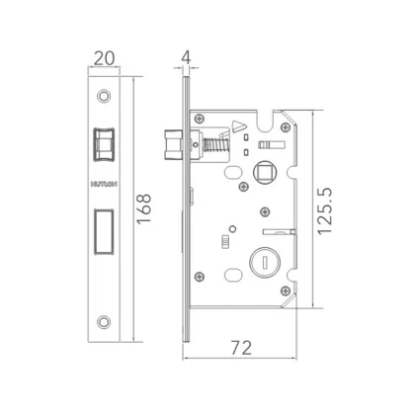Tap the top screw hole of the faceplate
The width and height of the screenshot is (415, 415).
[105, 97]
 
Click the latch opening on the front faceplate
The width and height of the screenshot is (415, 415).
[105, 144]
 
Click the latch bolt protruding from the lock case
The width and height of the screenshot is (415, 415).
[174, 145]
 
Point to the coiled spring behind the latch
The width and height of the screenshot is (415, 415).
[214, 145]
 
